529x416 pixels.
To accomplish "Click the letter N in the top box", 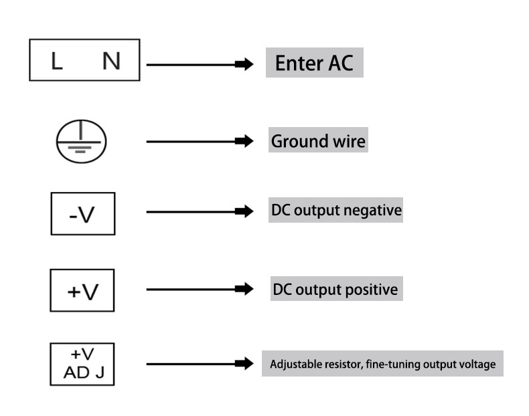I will (x=111, y=62).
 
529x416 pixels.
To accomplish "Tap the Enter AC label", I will (x=315, y=63).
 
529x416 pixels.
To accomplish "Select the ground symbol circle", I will (x=80, y=142).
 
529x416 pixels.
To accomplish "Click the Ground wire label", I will (x=318, y=142).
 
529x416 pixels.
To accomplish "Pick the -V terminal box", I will (x=83, y=214).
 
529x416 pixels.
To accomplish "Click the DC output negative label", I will (x=336, y=210).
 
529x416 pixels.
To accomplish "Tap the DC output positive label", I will (x=335, y=290).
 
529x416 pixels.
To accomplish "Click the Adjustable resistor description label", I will (x=382, y=365).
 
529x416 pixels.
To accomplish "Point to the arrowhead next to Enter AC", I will (x=244, y=65).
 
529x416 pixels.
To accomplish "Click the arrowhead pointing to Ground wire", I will (x=244, y=142).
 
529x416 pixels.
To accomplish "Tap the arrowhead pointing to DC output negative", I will (x=244, y=212).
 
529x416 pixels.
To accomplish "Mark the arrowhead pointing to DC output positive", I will (x=244, y=290).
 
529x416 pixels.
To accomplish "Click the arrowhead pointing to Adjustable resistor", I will (x=244, y=365).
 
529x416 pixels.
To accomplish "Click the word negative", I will (x=372, y=210).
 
